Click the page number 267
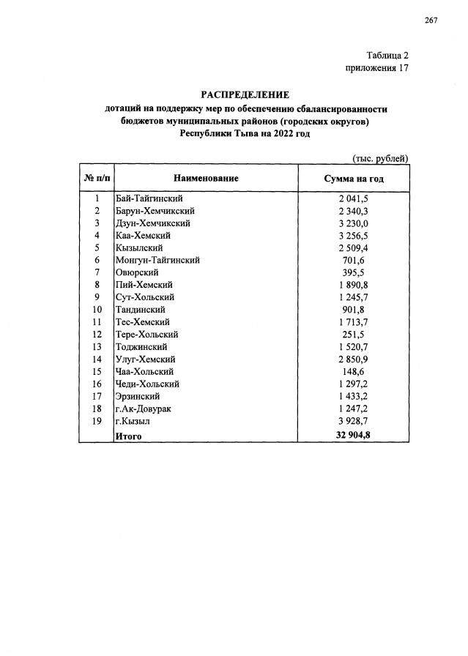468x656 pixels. pyautogui.click(x=430, y=20)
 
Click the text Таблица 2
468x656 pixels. pyautogui.click(x=387, y=56)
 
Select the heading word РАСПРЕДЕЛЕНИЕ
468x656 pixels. pyautogui.click(x=245, y=94)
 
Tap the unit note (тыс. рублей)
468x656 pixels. pyautogui.click(x=380, y=158)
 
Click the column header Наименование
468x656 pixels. pyautogui.click(x=206, y=178)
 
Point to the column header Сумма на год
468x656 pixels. pyautogui.click(x=354, y=179)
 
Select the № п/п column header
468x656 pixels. pyautogui.click(x=96, y=178)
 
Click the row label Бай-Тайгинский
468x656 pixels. pyautogui.click(x=149, y=198)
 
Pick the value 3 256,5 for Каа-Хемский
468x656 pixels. pyautogui.click(x=353, y=235)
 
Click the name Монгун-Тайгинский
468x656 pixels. pyautogui.click(x=157, y=260)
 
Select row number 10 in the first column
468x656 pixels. pyautogui.click(x=96, y=310)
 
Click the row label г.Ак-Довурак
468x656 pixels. pyautogui.click(x=143, y=409)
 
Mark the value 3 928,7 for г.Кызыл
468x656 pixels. pyautogui.click(x=353, y=421)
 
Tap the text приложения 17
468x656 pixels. pyautogui.click(x=376, y=68)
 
